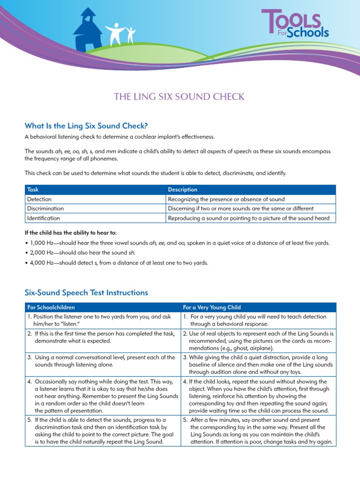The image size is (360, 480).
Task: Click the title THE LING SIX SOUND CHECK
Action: coord(180,97)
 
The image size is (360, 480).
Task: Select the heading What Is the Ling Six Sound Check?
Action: coord(86,126)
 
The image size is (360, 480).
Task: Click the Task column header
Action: coord(33,189)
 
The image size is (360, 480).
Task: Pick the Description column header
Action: coord(182,189)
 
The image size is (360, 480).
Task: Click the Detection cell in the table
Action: coord(39,199)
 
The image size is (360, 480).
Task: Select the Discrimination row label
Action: coord(45,209)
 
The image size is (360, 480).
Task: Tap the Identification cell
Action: coord(44,218)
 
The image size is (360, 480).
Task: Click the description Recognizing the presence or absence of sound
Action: coord(226,199)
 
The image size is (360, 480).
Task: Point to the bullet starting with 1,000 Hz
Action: coord(177,243)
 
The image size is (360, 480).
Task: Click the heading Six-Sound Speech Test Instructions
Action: coord(86,292)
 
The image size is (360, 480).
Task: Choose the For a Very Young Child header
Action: coord(211,307)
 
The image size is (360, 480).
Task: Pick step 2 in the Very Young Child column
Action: coord(258,341)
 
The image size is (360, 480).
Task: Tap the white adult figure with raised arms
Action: coord(114,32)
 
